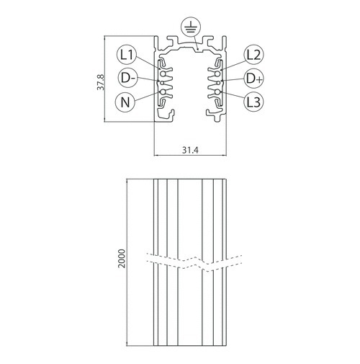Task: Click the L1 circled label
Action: (x=127, y=55)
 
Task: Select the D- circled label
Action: (x=128, y=78)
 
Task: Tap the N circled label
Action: (x=125, y=102)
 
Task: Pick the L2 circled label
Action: (x=254, y=55)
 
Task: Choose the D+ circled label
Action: (x=254, y=79)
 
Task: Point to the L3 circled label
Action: (x=254, y=102)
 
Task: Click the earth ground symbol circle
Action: (x=191, y=27)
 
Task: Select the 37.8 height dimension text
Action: (x=101, y=82)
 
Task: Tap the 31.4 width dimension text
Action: (x=190, y=150)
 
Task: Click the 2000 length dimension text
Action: (x=122, y=259)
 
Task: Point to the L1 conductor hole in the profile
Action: (x=163, y=74)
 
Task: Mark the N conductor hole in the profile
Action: (x=163, y=92)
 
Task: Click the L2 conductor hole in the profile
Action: (x=217, y=74)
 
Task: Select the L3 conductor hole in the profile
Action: (x=217, y=92)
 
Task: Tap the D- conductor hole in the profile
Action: (x=162, y=83)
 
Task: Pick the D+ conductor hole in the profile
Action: (x=218, y=83)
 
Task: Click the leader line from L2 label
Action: (x=233, y=66)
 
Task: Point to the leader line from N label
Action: (x=146, y=96)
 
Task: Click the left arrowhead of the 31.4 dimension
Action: (x=156, y=155)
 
